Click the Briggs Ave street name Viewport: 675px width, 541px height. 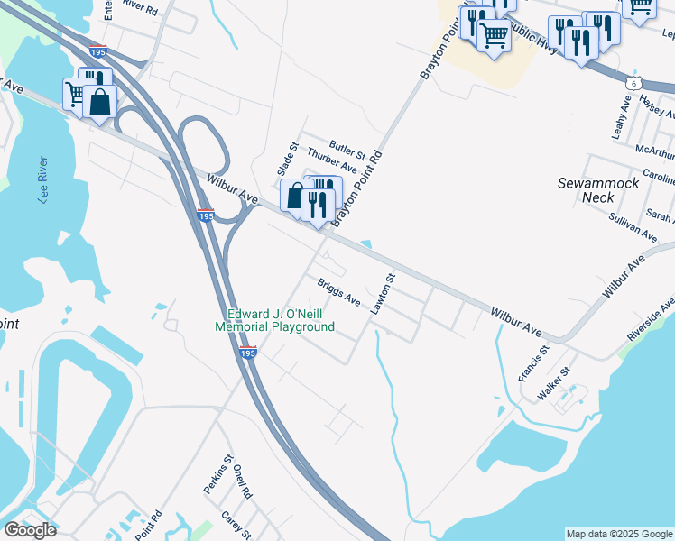pyautogui.click(x=339, y=292)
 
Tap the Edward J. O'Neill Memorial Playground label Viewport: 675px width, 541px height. pyautogui.click(x=275, y=320)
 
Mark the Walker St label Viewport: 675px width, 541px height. pyautogui.click(x=554, y=383)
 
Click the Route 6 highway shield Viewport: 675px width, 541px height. pyautogui.click(x=635, y=83)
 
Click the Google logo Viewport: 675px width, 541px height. pyautogui.click(x=31, y=530)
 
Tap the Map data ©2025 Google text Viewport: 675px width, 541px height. pyautogui.click(x=619, y=534)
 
